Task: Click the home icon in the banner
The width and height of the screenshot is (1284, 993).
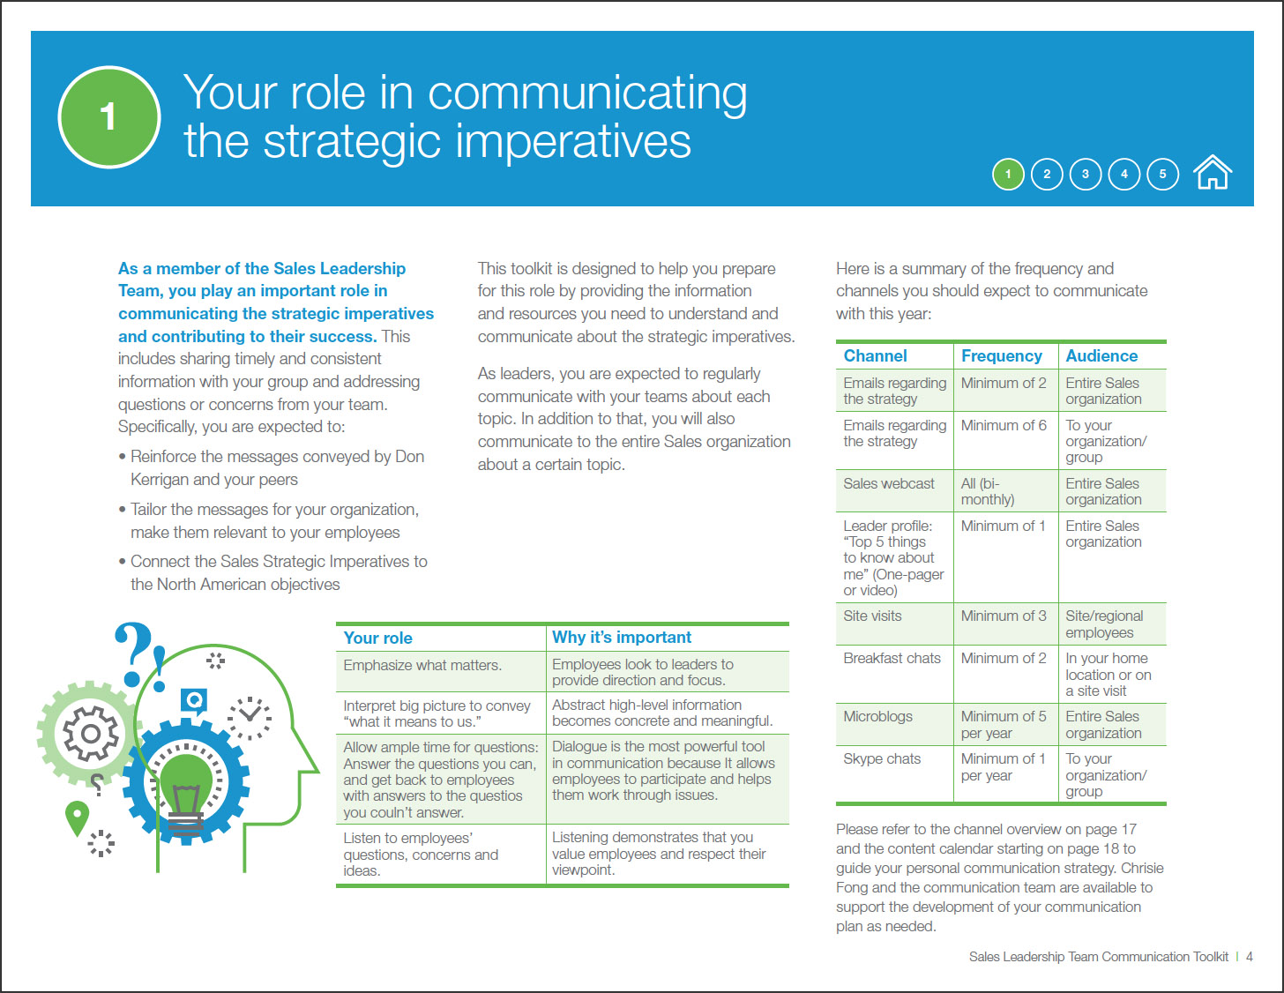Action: click(x=1213, y=173)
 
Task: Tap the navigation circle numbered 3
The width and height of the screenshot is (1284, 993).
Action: click(x=1086, y=175)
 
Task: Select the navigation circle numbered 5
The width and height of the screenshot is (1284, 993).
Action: click(x=1163, y=175)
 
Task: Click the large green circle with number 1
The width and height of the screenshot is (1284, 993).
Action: click(x=109, y=117)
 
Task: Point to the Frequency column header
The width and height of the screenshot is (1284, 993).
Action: click(x=1002, y=355)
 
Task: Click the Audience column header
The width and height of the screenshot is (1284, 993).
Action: click(x=1101, y=355)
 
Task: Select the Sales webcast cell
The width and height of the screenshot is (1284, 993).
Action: click(x=889, y=483)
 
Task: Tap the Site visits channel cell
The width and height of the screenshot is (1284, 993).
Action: click(x=872, y=616)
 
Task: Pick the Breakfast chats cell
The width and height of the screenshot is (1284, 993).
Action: click(x=892, y=658)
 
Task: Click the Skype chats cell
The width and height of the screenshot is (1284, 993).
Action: click(x=882, y=758)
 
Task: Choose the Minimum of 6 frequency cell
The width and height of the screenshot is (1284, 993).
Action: click(x=1004, y=425)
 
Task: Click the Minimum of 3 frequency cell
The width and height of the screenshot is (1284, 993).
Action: click(x=1004, y=616)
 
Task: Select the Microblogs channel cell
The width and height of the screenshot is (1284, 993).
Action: click(x=877, y=717)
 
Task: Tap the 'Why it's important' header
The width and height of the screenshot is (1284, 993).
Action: click(x=621, y=637)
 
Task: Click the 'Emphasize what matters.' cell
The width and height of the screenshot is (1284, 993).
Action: click(x=422, y=665)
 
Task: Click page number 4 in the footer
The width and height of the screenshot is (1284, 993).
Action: click(x=1249, y=956)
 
